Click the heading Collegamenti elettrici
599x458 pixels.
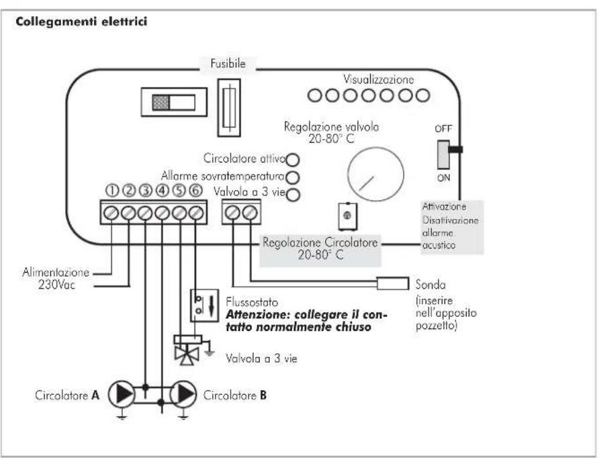click(81, 21)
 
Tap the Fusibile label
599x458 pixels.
click(228, 63)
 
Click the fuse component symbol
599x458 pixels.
click(229, 107)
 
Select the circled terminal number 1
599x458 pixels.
click(112, 190)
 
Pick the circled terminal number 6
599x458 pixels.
click(195, 190)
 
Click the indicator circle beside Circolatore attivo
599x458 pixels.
click(293, 160)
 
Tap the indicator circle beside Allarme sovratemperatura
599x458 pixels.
click(293, 177)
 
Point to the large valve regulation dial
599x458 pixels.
click(375, 174)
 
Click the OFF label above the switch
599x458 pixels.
click(443, 129)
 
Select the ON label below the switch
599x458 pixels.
click(443, 177)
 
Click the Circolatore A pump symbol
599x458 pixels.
click(122, 394)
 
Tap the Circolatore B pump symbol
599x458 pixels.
click(183, 394)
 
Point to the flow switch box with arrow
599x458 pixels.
click(204, 305)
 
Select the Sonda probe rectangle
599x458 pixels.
click(393, 283)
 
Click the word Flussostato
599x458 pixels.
click(252, 302)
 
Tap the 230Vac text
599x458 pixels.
click(56, 285)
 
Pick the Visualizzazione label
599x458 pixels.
click(378, 79)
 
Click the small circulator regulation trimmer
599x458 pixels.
click(348, 216)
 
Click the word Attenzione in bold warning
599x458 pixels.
click(258, 315)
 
